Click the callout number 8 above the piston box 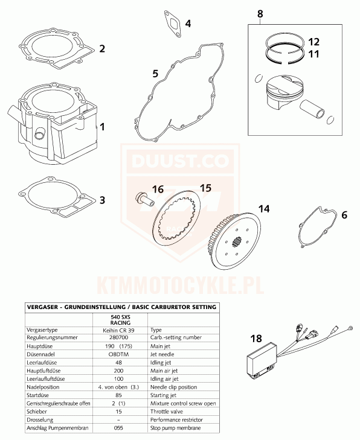[x=260, y=14]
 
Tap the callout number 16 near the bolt [x=158, y=189]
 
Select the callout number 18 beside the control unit [x=256, y=339]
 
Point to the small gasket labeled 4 [x=172, y=24]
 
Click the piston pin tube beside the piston [x=312, y=108]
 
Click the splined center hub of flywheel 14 [x=236, y=241]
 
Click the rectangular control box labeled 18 [x=262, y=360]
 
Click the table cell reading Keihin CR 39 [x=118, y=330]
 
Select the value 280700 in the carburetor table [x=118, y=337]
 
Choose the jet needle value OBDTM [x=118, y=354]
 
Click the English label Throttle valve [x=167, y=412]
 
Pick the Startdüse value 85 [x=118, y=395]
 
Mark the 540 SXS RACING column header [x=120, y=320]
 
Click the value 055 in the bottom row [x=118, y=428]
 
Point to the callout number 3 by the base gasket [x=102, y=200]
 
